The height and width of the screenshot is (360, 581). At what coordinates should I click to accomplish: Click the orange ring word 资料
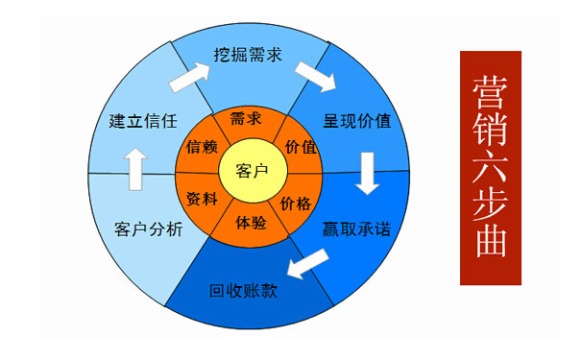[x=202, y=199]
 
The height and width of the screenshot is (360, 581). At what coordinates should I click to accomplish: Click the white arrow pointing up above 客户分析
[x=135, y=169]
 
